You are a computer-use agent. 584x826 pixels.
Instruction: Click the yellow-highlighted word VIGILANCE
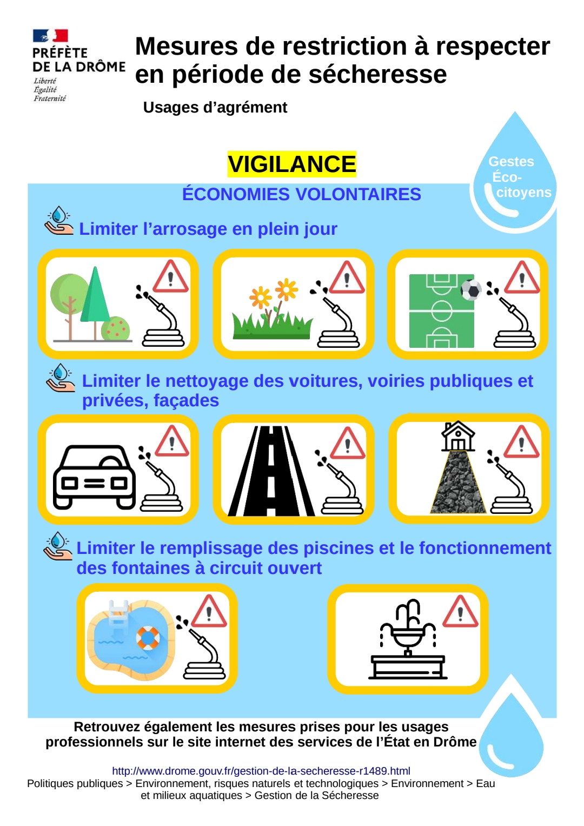click(x=291, y=164)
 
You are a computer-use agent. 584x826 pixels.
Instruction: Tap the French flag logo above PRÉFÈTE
click(x=50, y=35)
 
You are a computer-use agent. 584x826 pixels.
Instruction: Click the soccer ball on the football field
click(x=471, y=290)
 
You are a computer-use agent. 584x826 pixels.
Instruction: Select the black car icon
click(x=95, y=477)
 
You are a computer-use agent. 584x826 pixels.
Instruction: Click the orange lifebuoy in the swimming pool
click(x=148, y=638)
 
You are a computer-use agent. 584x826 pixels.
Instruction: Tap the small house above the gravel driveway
click(x=458, y=436)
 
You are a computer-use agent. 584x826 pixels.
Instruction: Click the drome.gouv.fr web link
click(x=261, y=771)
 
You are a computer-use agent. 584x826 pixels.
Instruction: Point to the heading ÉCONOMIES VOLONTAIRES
click(x=302, y=194)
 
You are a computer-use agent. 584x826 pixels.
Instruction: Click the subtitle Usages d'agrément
click(x=215, y=107)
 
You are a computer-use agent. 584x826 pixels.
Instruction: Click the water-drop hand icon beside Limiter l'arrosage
click(x=59, y=221)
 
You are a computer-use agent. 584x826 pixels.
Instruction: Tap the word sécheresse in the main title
click(x=377, y=75)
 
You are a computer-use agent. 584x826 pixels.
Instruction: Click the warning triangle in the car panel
click(x=172, y=441)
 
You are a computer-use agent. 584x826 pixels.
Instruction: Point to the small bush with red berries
click(x=115, y=328)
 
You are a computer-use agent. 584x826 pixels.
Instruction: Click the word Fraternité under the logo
click(x=50, y=98)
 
